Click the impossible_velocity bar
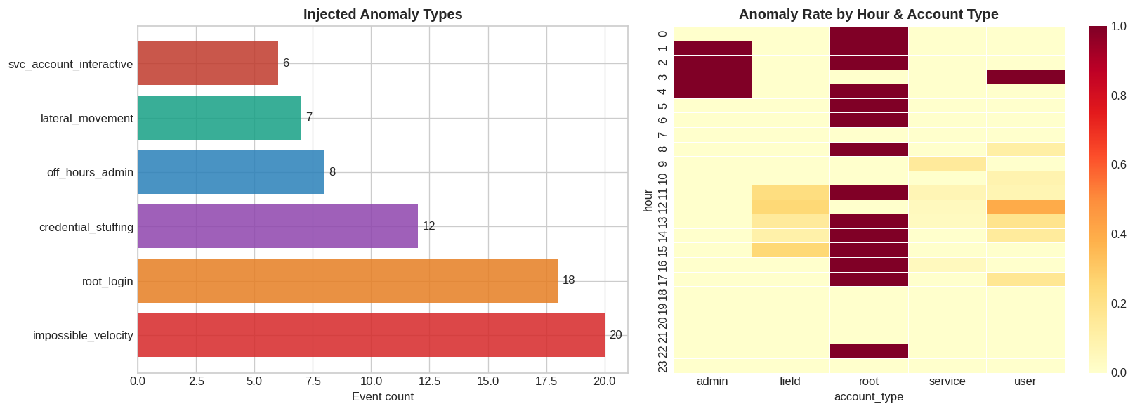point(371,335)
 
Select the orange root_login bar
point(348,281)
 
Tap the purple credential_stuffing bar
point(277,226)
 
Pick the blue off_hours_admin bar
point(231,172)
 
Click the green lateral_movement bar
point(219,118)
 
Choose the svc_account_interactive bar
point(208,63)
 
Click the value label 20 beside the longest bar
point(615,335)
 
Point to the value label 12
point(428,226)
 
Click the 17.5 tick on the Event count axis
point(558,381)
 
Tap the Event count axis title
point(382,397)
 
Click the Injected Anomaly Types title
point(382,14)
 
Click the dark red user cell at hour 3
point(1025,77)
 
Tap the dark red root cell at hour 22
point(869,351)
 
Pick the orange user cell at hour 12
point(1025,207)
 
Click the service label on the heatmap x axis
point(947,381)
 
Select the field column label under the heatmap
point(790,381)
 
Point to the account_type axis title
point(868,397)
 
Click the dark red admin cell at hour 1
point(712,48)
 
